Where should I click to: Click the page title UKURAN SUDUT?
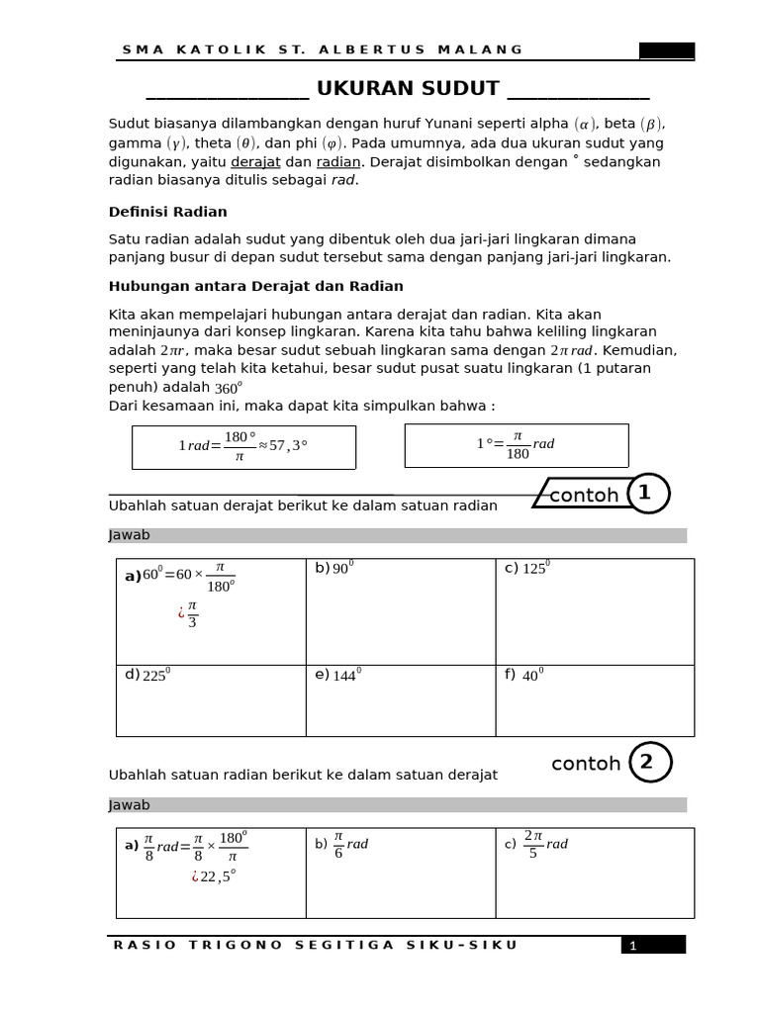tap(407, 88)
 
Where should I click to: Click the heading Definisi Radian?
tap(167, 212)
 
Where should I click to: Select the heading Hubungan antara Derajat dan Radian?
tap(255, 286)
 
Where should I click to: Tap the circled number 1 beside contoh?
tap(645, 493)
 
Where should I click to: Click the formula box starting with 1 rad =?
tap(243, 446)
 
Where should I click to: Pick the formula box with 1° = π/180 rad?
tap(516, 445)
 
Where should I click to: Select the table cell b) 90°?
tap(400, 611)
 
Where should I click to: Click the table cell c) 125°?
tap(594, 611)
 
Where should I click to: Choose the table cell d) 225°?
tap(210, 700)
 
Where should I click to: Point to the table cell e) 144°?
tap(400, 700)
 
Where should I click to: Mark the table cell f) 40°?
tap(594, 700)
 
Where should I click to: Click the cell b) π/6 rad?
tap(400, 873)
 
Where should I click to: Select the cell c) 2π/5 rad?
tap(594, 873)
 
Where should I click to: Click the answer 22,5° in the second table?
tap(217, 876)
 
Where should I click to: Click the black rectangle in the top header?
tap(666, 50)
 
